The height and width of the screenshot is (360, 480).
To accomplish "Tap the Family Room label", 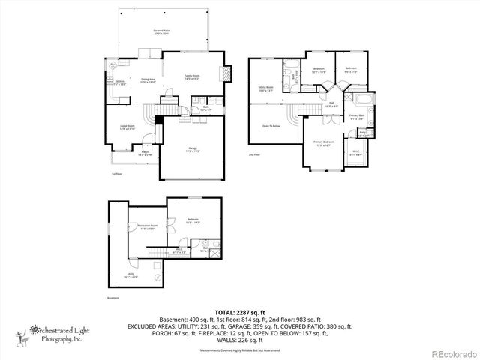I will [193, 76].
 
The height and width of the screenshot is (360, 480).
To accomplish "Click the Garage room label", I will [193, 150].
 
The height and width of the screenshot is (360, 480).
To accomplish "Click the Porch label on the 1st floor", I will [145, 154].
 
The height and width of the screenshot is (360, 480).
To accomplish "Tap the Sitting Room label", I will [266, 88].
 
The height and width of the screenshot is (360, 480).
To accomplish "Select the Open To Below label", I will [271, 126].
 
